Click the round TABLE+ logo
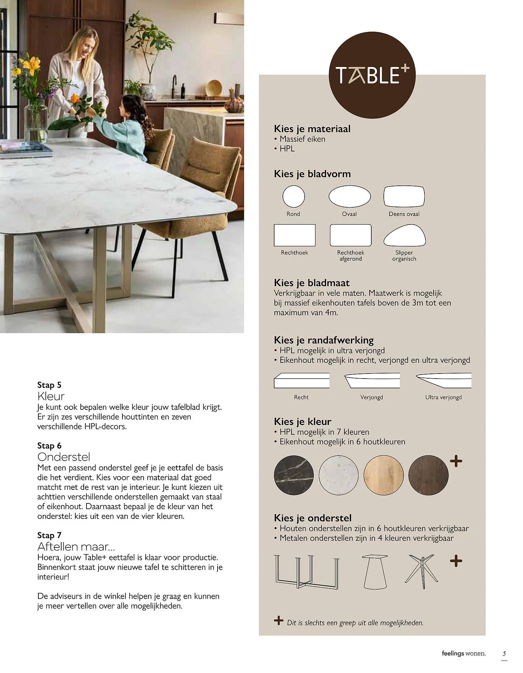point(372,75)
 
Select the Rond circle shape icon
point(293,197)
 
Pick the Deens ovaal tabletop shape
point(404,196)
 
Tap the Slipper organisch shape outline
point(404,236)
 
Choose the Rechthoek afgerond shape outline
point(350,235)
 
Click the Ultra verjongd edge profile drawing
point(443,380)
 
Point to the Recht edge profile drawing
point(301,380)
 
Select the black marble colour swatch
point(294,475)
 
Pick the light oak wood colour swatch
point(383,475)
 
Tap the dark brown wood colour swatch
point(428,475)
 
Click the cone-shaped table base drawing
point(375,571)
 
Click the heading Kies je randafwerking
point(324,340)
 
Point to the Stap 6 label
point(49,446)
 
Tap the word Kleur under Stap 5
point(51,396)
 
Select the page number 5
point(504,654)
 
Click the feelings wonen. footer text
point(463,653)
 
